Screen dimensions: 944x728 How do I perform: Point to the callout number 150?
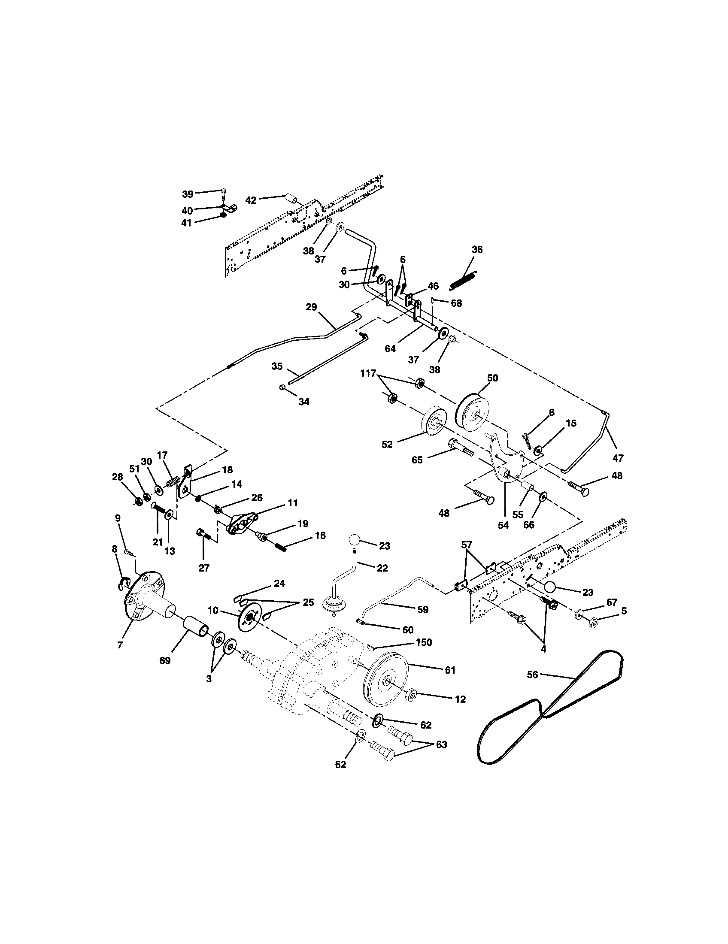[424, 654]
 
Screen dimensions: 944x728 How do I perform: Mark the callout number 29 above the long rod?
[311, 307]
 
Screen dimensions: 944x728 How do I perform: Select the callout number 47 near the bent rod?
[618, 458]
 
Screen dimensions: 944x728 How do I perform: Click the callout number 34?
[304, 402]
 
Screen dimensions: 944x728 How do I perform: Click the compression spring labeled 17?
[173, 481]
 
